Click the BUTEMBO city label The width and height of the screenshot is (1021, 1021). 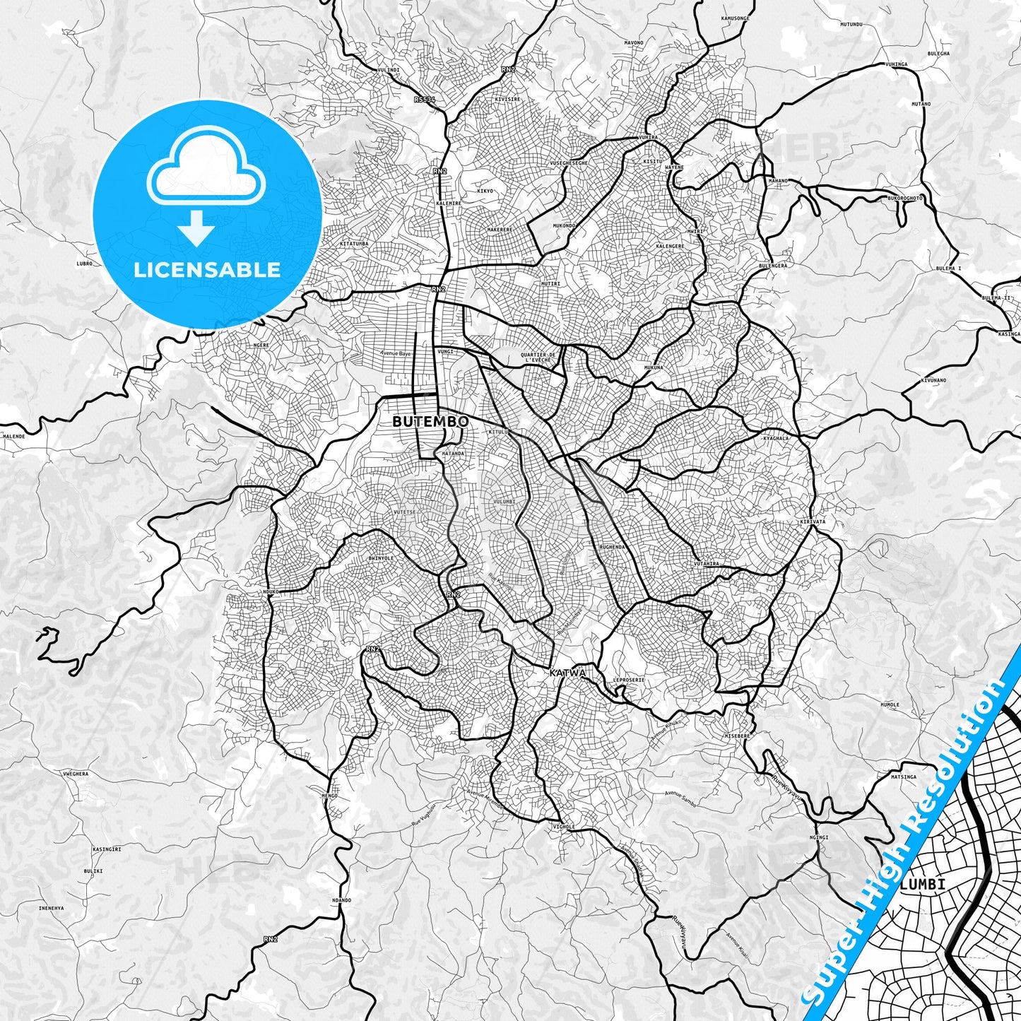430,421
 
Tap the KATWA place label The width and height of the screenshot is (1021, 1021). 567,673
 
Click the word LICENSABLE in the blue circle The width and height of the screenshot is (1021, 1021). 207,269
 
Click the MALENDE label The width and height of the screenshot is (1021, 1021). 13,437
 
